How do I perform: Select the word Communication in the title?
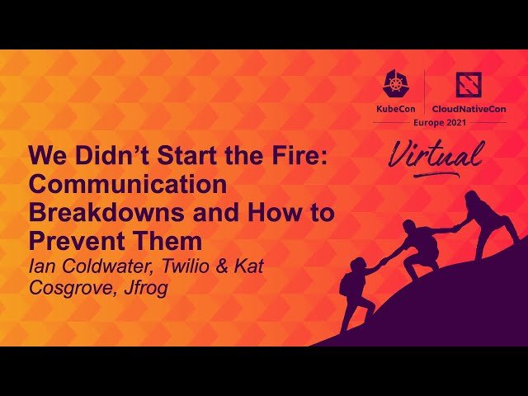(x=128, y=184)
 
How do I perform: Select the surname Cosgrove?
(x=71, y=288)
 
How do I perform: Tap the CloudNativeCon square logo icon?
(x=469, y=85)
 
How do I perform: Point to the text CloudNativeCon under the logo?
(x=469, y=108)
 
